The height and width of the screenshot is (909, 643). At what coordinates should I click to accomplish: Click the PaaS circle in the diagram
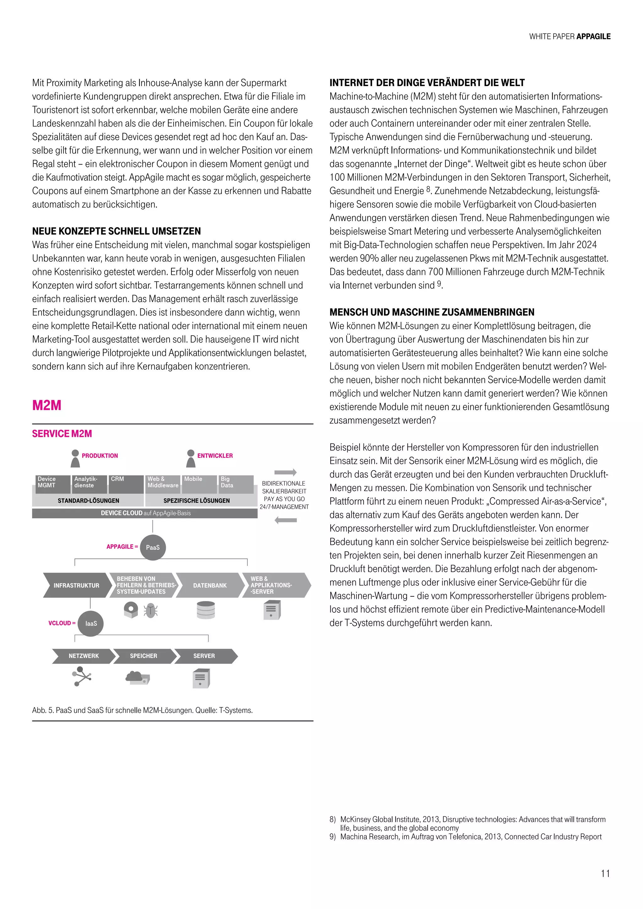click(153, 547)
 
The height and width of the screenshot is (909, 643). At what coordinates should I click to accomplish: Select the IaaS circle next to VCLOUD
click(91, 623)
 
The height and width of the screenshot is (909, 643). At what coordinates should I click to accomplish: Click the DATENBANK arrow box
click(209, 585)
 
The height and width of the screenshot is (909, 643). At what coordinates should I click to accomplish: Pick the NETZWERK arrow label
click(84, 656)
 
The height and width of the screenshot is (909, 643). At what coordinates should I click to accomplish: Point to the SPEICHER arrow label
click(143, 656)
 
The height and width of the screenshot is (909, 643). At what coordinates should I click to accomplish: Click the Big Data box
click(235, 484)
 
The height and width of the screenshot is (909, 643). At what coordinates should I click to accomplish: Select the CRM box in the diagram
click(126, 484)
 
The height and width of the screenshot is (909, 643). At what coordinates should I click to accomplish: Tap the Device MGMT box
click(52, 484)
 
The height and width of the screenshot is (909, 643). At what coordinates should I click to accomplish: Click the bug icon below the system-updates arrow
click(151, 611)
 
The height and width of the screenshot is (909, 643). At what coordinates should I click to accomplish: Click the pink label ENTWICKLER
click(215, 456)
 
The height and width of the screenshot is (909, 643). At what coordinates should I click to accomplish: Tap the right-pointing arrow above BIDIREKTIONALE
click(285, 472)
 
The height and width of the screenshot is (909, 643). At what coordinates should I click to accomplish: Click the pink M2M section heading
click(47, 406)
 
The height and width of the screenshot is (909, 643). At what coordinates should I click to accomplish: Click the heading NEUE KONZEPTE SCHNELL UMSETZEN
click(116, 231)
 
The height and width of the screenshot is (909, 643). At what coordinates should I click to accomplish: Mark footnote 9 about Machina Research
click(466, 836)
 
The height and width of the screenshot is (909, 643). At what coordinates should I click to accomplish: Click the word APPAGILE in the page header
click(593, 36)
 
